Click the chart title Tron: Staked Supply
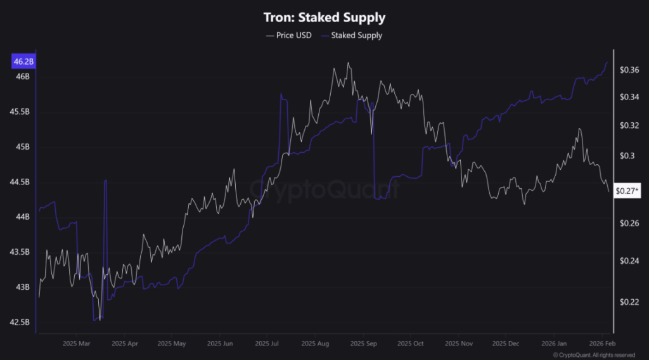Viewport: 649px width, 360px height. point(324,18)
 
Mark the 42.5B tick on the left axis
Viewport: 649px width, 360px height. point(21,322)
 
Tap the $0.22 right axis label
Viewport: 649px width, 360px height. point(628,302)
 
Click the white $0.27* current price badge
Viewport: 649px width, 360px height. point(628,190)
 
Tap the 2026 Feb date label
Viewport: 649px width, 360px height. point(600,344)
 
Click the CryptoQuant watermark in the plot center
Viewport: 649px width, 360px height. point(324,188)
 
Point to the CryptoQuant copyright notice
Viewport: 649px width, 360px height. point(594,355)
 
